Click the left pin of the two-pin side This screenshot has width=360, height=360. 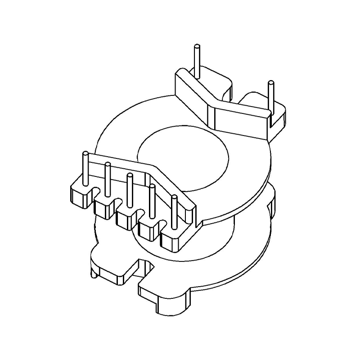coord(197,58)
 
